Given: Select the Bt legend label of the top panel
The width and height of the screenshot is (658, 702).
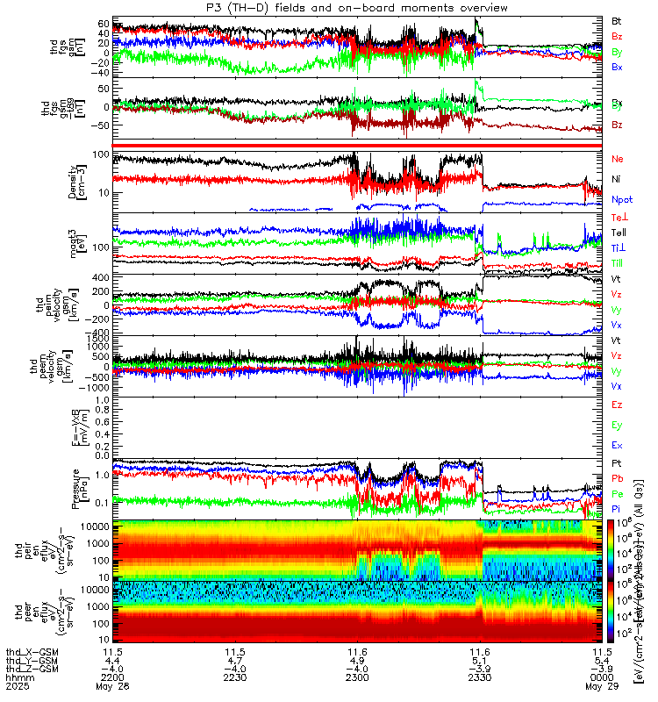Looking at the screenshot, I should point(617,20).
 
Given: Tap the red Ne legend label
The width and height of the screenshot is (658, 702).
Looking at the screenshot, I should point(617,159).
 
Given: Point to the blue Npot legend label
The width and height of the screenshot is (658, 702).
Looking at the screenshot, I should point(621,201).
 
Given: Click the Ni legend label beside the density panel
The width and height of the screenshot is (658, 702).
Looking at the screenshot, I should point(617,180).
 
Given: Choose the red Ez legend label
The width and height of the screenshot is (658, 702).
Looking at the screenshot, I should point(617,405).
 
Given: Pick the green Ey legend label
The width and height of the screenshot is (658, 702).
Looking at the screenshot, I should point(617,426).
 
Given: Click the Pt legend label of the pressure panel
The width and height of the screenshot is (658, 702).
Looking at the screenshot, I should point(617,462).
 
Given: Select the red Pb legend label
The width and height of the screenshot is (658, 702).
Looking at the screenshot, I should point(617,478).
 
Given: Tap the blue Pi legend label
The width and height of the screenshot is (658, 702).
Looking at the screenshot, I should point(617,509).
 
